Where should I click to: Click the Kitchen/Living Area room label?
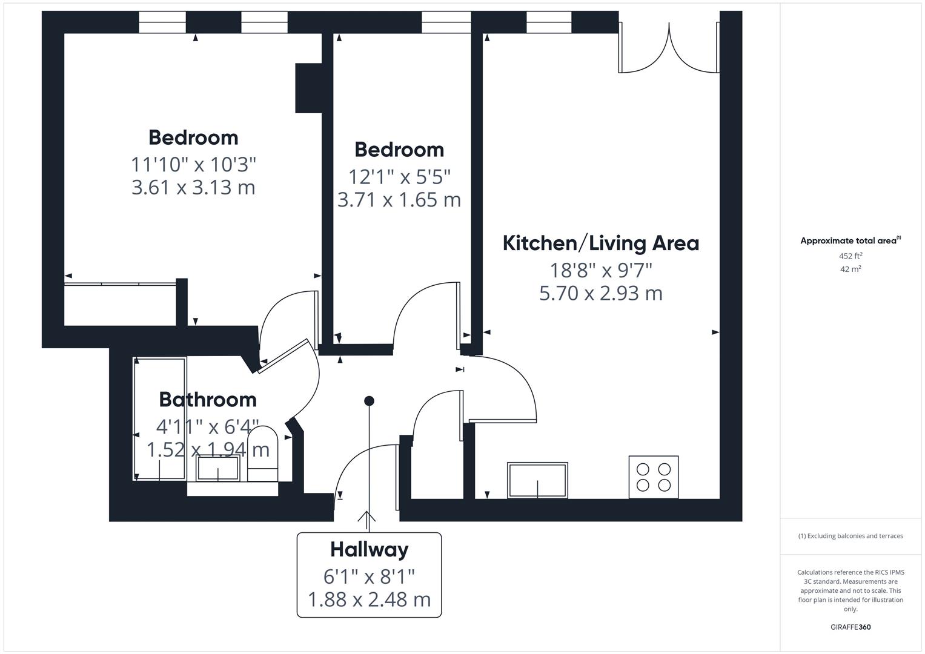(600, 243)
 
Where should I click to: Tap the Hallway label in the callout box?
(369, 549)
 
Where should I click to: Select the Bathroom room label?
(208, 399)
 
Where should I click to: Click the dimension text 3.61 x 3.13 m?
(193, 187)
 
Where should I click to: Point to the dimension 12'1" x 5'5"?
(399, 176)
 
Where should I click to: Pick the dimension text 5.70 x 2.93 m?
(600, 293)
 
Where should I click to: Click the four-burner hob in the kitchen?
(653, 477)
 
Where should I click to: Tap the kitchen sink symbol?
(537, 480)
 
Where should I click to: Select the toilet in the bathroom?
(263, 454)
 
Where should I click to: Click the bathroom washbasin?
(218, 468)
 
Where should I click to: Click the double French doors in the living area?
(669, 48)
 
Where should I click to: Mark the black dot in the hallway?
(369, 401)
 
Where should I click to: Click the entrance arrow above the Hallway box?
(366, 517)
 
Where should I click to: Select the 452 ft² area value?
(850, 256)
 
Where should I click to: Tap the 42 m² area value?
(850, 269)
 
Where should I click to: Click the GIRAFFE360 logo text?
(850, 627)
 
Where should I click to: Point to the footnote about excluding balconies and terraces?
(850, 536)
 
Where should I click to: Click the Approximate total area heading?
(850, 240)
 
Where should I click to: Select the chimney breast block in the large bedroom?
(308, 88)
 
